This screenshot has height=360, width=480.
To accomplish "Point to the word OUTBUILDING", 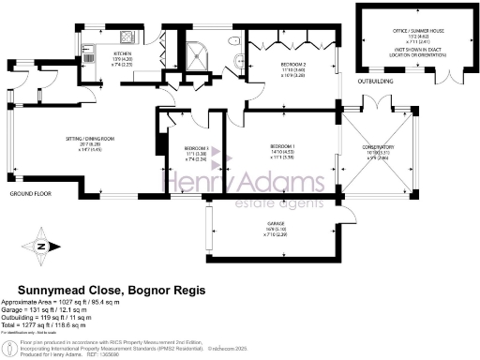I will point(378,91).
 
